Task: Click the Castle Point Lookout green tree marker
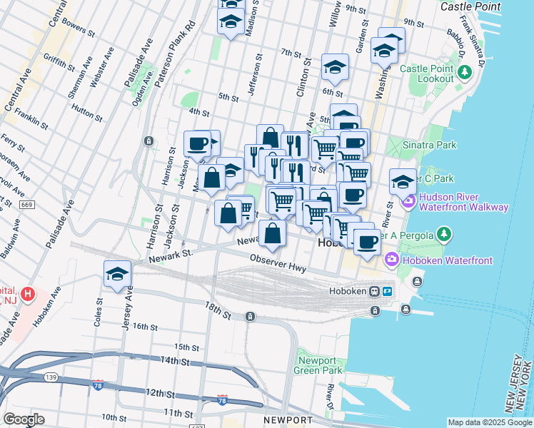465,72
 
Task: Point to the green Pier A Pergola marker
444,233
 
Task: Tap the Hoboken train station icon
373,291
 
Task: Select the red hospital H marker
27,294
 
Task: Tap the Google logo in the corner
23,419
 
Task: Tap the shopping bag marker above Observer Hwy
273,232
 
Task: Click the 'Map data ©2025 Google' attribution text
490,422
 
